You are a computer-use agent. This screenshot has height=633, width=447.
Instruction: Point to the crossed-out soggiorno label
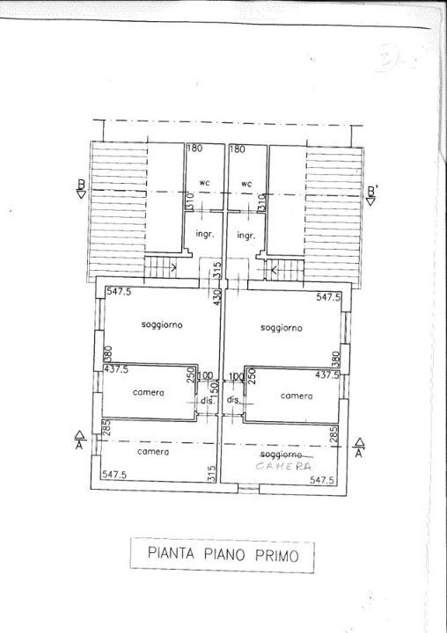tap(282, 455)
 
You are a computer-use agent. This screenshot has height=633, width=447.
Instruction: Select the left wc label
tap(203, 184)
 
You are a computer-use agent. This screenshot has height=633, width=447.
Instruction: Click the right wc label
tap(247, 184)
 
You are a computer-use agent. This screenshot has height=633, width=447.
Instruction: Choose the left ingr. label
tap(204, 235)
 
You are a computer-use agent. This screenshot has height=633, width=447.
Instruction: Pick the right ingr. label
tap(246, 235)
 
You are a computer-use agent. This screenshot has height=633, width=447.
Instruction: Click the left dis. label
tap(209, 400)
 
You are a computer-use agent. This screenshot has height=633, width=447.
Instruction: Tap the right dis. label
tap(234, 400)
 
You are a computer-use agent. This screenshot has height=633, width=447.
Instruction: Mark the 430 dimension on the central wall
tap(216, 298)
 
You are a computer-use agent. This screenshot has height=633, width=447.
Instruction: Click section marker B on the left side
tap(81, 189)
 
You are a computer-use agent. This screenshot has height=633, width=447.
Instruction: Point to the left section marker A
tap(79, 440)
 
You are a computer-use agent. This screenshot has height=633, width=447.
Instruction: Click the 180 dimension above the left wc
tap(194, 149)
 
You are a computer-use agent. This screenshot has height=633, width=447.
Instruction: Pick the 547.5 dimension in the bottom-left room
tap(116, 475)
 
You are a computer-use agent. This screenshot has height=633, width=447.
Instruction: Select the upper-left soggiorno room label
tap(162, 325)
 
